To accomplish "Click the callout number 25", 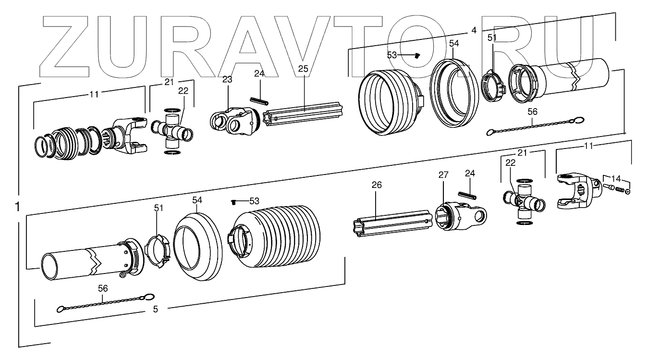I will (303, 69).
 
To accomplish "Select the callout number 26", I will (377, 185).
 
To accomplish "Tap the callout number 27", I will (442, 176).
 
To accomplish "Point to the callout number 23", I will (227, 79).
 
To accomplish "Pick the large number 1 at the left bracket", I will (17, 207).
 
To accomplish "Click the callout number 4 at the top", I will (474, 30).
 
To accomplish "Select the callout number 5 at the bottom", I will (155, 309).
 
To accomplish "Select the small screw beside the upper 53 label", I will (417, 56).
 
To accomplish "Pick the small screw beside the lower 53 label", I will (233, 202).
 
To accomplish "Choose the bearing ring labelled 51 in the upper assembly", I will (492, 87).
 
